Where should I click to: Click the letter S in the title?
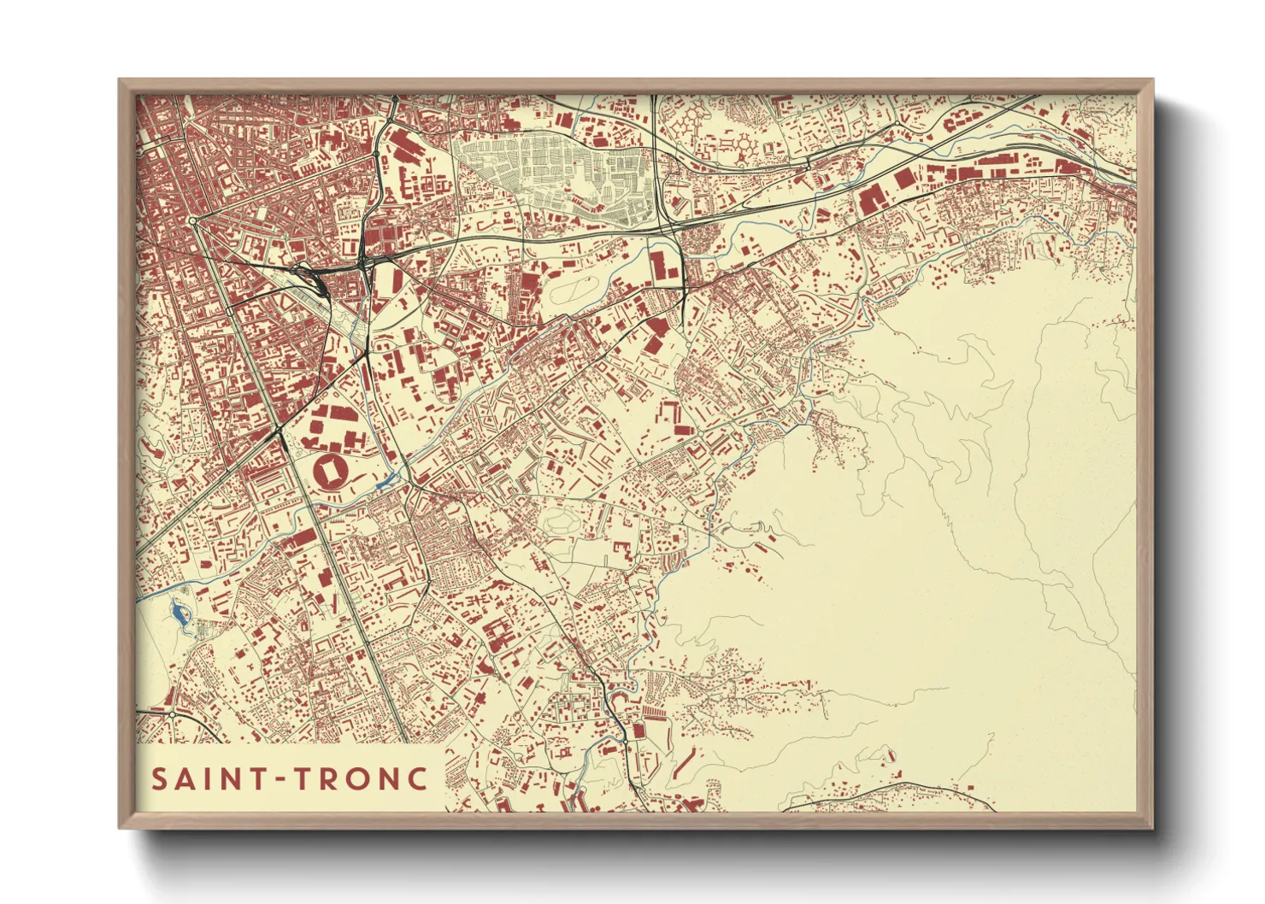160,779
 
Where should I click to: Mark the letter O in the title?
362,779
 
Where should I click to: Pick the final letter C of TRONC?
418,779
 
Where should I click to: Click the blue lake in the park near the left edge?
177,612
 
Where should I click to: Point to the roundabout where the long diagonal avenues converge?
195,220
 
